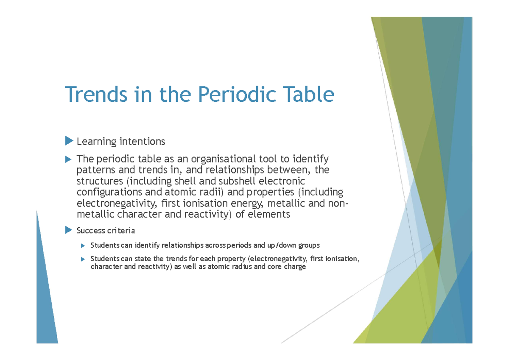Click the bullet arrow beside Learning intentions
point(69,140)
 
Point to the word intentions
point(142,141)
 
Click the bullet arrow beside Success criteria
point(69,230)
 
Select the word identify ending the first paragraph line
point(310,159)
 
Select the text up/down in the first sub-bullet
point(282,246)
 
